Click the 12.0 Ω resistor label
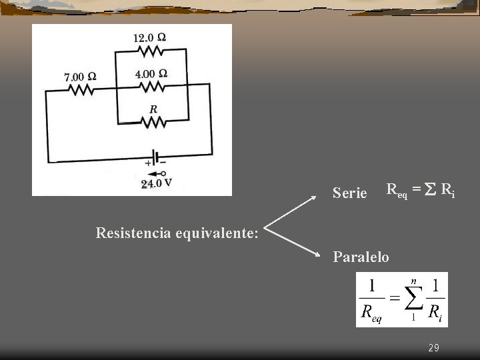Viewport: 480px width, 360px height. point(149,38)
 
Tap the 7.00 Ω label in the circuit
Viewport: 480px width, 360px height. point(80,77)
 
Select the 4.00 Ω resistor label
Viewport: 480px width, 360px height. point(151,73)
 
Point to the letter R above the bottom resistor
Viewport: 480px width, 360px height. point(153,109)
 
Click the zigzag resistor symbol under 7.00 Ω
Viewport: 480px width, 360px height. point(81,89)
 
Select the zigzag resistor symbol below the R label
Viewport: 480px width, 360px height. point(153,122)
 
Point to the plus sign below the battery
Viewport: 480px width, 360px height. point(148,163)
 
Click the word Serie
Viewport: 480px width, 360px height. point(349,193)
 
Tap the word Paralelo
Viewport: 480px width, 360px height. point(361,257)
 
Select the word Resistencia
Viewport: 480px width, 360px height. point(133,233)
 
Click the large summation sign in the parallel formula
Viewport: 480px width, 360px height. point(413,298)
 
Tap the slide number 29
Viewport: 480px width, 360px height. point(433,348)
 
